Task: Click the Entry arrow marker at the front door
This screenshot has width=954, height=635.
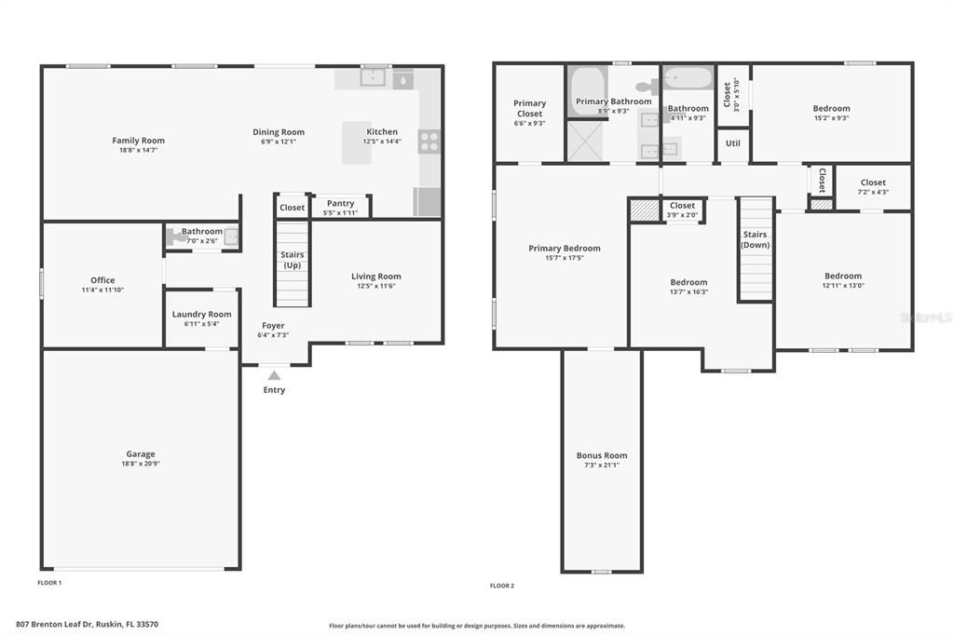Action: [x=274, y=374]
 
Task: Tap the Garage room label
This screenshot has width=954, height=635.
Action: [x=141, y=454]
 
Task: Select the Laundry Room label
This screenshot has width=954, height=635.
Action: [x=201, y=315]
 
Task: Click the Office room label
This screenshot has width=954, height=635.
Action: [x=102, y=280]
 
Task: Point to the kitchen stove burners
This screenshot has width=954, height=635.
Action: [x=429, y=142]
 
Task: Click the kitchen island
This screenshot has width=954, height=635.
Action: [x=357, y=143]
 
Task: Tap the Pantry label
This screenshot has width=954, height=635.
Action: [x=341, y=203]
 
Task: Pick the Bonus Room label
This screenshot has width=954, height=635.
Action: [x=602, y=455]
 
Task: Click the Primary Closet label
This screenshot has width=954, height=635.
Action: [x=529, y=108]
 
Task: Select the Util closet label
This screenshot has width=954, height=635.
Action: [x=733, y=144]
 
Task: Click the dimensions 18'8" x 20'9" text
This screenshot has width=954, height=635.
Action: [x=141, y=464]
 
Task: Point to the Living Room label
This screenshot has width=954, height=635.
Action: [x=376, y=276]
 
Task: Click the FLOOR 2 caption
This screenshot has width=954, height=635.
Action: [x=502, y=586]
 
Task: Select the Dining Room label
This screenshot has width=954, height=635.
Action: [x=279, y=132]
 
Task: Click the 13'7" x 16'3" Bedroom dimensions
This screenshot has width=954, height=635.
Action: [x=688, y=291]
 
